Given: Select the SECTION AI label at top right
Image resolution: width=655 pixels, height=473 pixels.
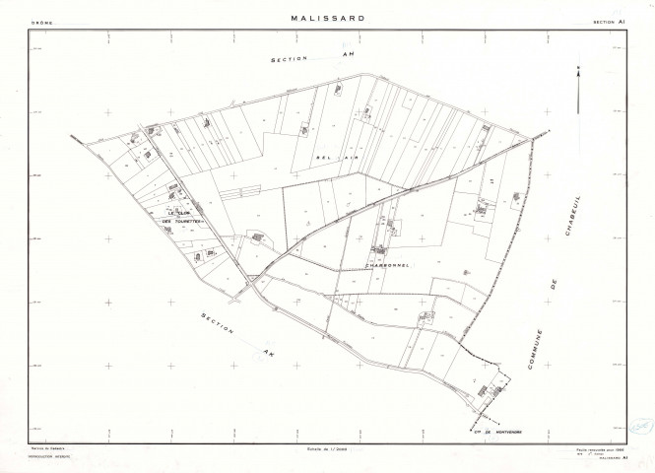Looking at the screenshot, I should (611, 20).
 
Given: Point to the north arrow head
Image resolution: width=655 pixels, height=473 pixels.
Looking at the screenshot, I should (581, 71).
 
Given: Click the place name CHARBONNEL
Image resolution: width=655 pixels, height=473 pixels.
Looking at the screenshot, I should (366, 263).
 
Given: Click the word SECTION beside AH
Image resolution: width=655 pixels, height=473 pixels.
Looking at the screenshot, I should (292, 61).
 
